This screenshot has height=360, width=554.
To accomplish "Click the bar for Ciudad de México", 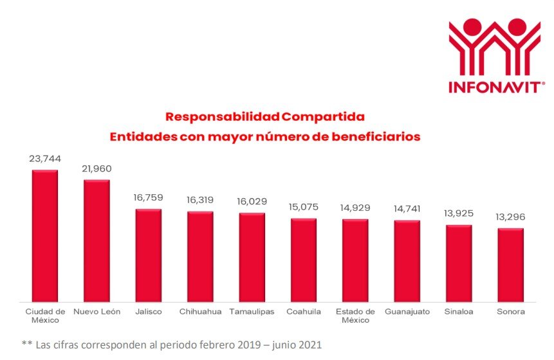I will [45, 235].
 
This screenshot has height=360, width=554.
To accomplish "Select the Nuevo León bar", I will [97, 240].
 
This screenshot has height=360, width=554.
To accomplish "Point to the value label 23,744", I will [45, 158].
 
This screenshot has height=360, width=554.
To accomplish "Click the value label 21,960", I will [97, 168].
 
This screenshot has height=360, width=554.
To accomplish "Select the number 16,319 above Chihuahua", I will [200, 200].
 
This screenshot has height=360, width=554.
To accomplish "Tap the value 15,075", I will [303, 207].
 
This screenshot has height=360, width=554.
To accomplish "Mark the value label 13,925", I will [459, 213].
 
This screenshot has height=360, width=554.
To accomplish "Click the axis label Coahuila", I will [303, 312].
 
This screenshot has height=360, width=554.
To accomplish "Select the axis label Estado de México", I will [355, 316].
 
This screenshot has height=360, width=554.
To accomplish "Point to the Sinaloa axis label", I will [459, 312].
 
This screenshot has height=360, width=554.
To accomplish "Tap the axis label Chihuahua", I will [200, 312].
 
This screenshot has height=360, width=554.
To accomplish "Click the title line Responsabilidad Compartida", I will [264, 117].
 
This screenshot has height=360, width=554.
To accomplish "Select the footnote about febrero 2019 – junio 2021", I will [171, 345].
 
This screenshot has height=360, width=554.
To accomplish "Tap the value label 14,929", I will [355, 208].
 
